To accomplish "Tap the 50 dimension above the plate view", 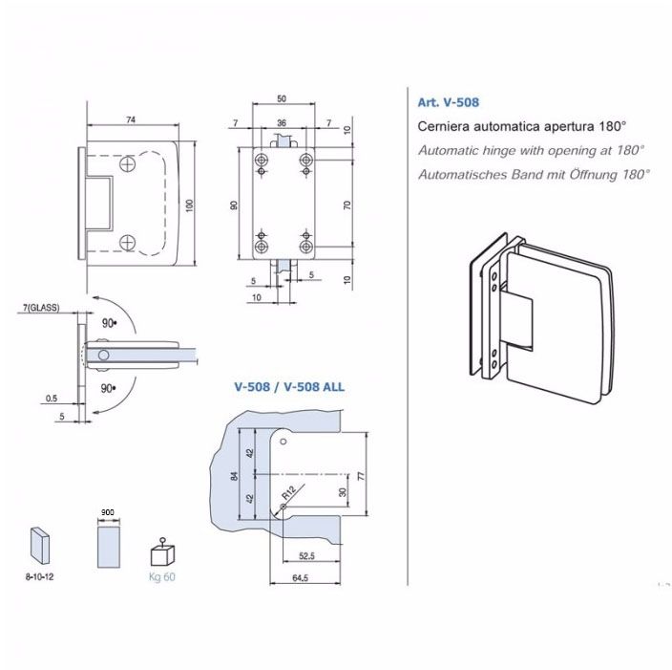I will click(x=282, y=99).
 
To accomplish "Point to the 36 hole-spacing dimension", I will click(x=282, y=123).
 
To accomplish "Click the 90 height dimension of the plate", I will click(x=234, y=205).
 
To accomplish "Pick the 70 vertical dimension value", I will click(x=348, y=205).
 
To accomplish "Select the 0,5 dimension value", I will click(x=52, y=398).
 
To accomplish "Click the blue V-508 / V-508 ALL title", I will click(x=289, y=387).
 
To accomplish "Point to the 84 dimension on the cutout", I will click(x=234, y=475).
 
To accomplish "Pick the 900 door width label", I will click(x=108, y=512).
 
